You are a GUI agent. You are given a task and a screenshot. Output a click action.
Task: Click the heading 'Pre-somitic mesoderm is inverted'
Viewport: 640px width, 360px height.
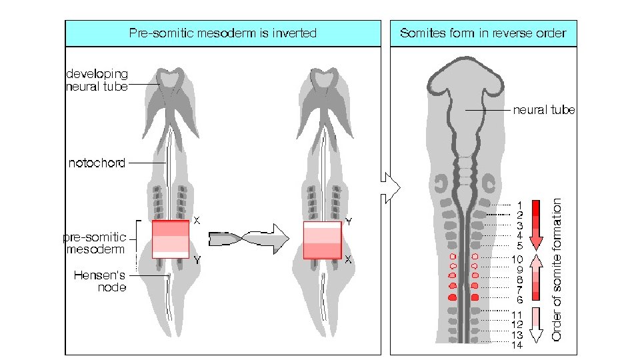point(223,33)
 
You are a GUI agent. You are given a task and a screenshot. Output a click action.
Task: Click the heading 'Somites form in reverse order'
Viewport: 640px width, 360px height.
point(483,33)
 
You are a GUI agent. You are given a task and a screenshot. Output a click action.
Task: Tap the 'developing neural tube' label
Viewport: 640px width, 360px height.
point(97,80)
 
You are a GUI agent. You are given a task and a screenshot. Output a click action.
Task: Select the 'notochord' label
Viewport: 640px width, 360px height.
point(97,163)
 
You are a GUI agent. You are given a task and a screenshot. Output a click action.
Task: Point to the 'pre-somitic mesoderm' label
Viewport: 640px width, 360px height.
point(95,243)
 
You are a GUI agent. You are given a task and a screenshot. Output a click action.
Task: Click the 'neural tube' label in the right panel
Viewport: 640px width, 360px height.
point(543,110)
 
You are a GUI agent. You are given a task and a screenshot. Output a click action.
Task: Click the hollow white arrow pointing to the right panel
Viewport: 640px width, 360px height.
point(390,188)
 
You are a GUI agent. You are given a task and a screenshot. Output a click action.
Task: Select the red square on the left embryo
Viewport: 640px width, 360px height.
point(171,239)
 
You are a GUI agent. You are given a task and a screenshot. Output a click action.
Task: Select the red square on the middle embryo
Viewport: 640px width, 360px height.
point(323,239)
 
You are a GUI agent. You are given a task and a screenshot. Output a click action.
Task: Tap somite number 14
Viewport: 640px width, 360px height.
point(517,345)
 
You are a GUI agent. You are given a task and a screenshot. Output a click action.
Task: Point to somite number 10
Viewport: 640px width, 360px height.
point(517,259)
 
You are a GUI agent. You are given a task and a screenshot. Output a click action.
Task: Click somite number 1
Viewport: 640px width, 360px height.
point(519,204)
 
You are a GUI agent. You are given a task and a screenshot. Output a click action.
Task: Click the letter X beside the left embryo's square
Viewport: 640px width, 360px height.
point(197,219)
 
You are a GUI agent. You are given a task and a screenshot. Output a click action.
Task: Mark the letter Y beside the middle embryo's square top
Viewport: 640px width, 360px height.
point(349,220)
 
